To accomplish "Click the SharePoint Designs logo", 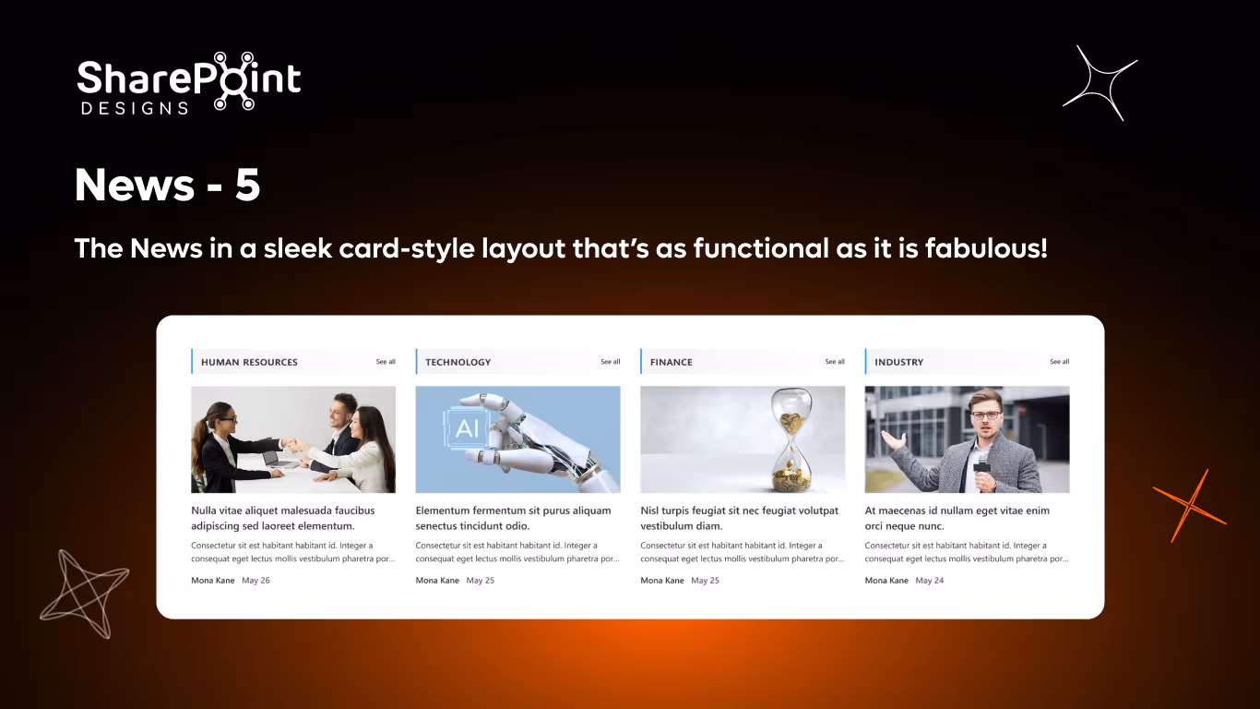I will [188, 83].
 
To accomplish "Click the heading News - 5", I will [167, 186].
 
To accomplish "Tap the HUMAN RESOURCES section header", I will [249, 362].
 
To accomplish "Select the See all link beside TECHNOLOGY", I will [610, 362].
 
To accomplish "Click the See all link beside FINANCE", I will [835, 362].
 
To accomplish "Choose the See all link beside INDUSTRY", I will [1059, 362].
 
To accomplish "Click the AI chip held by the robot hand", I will [468, 427].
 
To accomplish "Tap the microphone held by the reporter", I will [982, 463].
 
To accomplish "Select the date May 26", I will [256, 581].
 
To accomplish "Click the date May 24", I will [930, 581].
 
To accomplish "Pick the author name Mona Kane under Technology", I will [437, 581].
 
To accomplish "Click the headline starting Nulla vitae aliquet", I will [282, 518].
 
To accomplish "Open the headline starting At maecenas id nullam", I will [957, 518].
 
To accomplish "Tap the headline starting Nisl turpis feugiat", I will [739, 518].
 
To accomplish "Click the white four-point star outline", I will [1100, 82].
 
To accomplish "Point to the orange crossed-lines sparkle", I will [1190, 505].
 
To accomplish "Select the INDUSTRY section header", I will [898, 362].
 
